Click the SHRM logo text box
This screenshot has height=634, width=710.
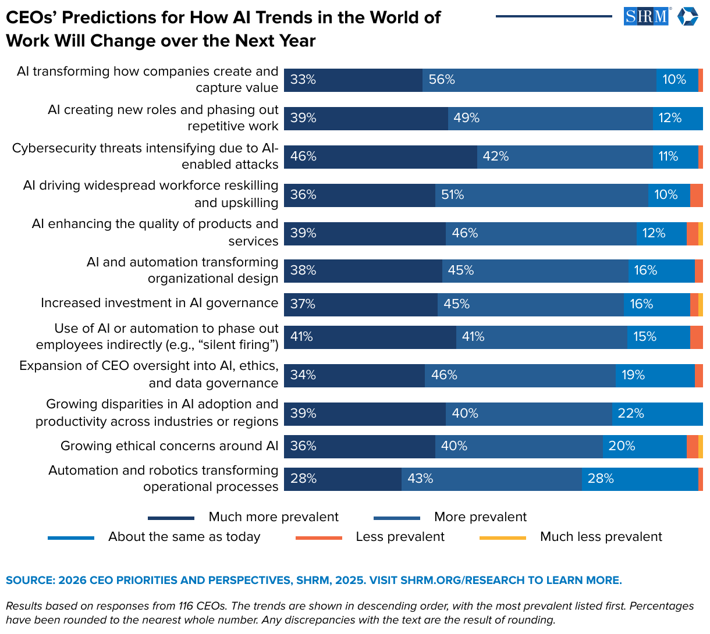646,16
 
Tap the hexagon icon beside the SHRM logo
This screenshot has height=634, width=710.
687,16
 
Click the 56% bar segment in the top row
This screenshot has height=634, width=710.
539,80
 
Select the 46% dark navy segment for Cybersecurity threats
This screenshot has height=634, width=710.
380,157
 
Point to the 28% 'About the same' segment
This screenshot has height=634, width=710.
640,479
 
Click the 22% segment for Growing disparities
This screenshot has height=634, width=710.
657,414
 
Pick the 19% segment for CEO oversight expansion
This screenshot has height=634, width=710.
655,376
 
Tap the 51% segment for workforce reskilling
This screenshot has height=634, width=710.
541,195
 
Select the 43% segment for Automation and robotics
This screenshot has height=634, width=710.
491,479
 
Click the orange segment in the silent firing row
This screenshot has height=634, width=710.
696,337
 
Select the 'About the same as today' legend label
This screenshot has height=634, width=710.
184,537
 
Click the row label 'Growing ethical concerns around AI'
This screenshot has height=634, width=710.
169,446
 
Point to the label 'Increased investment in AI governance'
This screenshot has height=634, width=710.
159,303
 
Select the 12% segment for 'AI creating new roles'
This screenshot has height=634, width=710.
677,119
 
